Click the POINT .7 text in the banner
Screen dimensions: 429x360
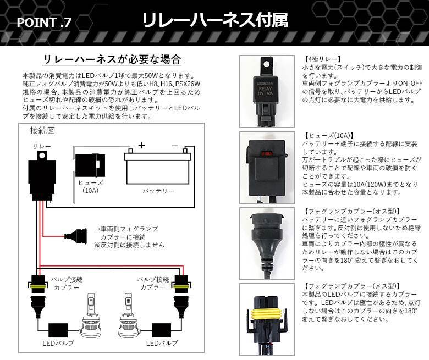(x=44, y=23)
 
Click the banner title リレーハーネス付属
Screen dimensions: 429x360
(x=215, y=20)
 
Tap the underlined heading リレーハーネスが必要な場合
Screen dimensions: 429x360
(x=112, y=59)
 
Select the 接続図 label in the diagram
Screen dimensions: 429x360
(x=42, y=131)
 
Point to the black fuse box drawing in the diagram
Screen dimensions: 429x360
(x=90, y=165)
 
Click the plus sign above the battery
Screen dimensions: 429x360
(x=141, y=145)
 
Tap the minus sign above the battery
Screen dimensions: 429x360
(x=175, y=146)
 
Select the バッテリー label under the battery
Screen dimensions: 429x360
(x=158, y=191)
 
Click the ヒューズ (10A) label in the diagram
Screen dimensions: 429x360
(x=91, y=186)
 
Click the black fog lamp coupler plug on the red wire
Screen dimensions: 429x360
(x=76, y=236)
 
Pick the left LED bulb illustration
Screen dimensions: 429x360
(x=91, y=316)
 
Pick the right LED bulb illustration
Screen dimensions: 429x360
(x=128, y=316)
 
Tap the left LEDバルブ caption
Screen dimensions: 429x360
(x=58, y=343)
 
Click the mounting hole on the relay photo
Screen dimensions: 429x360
(x=266, y=64)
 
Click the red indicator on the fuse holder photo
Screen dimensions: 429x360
(x=267, y=153)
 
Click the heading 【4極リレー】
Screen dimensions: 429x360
(x=322, y=59)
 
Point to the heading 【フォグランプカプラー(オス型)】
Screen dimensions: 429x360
(x=351, y=211)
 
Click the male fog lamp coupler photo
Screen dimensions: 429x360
(x=267, y=243)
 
